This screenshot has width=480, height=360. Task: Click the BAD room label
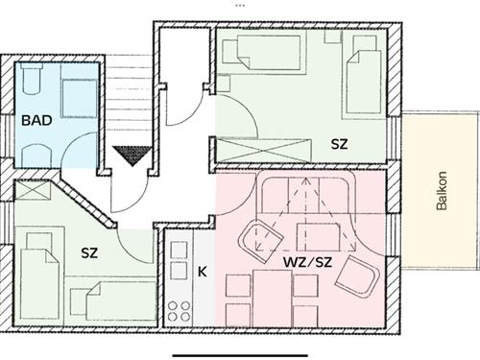pos(36,120)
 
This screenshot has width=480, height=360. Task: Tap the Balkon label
pos(442,191)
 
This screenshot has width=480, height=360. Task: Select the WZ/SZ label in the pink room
pos(308,262)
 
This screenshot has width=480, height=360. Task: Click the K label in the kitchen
pos(203,272)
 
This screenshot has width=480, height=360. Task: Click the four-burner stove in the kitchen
pos(180,311)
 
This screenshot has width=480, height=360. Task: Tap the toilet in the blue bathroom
pos(32,79)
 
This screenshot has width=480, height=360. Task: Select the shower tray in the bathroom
pos(79,99)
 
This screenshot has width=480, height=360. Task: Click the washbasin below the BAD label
pos(36,156)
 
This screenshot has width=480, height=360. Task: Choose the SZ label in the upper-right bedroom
pos(339,144)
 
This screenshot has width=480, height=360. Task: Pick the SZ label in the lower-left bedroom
pos(89,253)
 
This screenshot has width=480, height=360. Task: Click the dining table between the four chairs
pos(272,299)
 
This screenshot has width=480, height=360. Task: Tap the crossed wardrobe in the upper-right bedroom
pos(264,150)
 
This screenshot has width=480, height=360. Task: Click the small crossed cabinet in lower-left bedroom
pos(33,190)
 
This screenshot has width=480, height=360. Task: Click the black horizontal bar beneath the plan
pos(240,355)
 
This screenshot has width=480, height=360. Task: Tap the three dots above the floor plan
pos(240,6)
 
